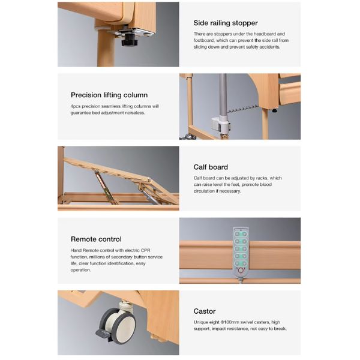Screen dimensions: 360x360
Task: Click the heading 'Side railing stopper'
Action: click(226, 23)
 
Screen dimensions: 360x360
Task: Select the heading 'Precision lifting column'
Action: click(109, 95)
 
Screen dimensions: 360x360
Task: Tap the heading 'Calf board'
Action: click(211, 167)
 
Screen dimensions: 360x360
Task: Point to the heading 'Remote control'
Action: click(96, 239)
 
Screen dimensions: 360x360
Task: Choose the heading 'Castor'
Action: click(205, 311)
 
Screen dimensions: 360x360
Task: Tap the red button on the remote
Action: click(241, 271)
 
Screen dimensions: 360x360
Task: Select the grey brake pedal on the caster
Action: click(103, 332)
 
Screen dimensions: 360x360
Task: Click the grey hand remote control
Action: click(241, 252)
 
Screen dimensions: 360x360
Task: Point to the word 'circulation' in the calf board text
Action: click(205, 191)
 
